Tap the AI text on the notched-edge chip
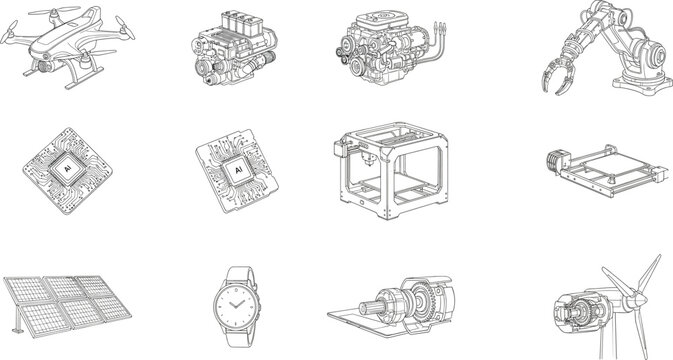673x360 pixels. [x=238, y=173]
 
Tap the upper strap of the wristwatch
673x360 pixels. [x=239, y=273]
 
